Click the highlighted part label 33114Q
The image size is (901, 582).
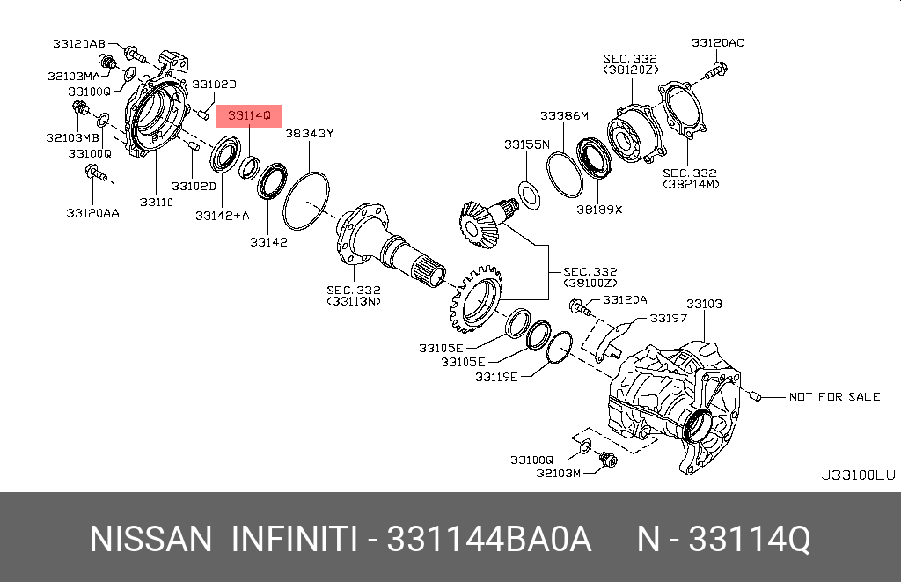pos(249,115)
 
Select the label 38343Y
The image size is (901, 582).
pos(309,133)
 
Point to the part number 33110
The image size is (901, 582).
pos(155,202)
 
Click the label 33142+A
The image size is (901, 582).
pos(223,215)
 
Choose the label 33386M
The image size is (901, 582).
pos(564,115)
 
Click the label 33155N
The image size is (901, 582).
pos(526,144)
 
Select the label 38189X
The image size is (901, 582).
pos(599,210)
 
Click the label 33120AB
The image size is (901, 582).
pos(78,42)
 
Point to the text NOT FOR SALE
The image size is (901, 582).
pos(834,397)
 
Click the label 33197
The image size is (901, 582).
pos(669,318)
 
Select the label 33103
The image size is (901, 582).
pos(704,304)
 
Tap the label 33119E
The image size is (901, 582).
pos(496,377)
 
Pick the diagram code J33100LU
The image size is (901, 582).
pos(858,475)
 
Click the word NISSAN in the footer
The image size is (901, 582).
pos(150,539)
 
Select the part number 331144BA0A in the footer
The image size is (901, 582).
pos(489,539)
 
